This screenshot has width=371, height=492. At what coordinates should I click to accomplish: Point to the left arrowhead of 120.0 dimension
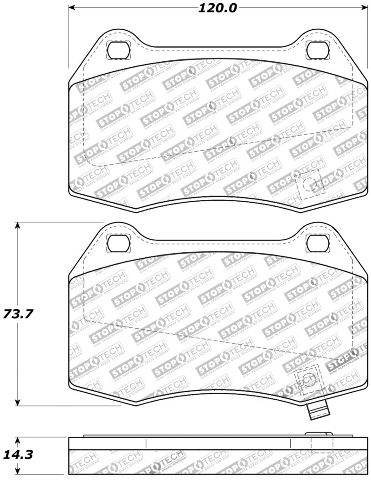(x=72, y=8)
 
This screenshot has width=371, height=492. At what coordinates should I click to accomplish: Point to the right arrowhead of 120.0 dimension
(x=364, y=8)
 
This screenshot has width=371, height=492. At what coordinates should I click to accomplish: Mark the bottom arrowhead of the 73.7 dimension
(x=18, y=402)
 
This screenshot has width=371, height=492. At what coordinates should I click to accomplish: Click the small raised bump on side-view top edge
(x=320, y=434)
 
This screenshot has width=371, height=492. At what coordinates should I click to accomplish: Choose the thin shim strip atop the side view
(x=195, y=436)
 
